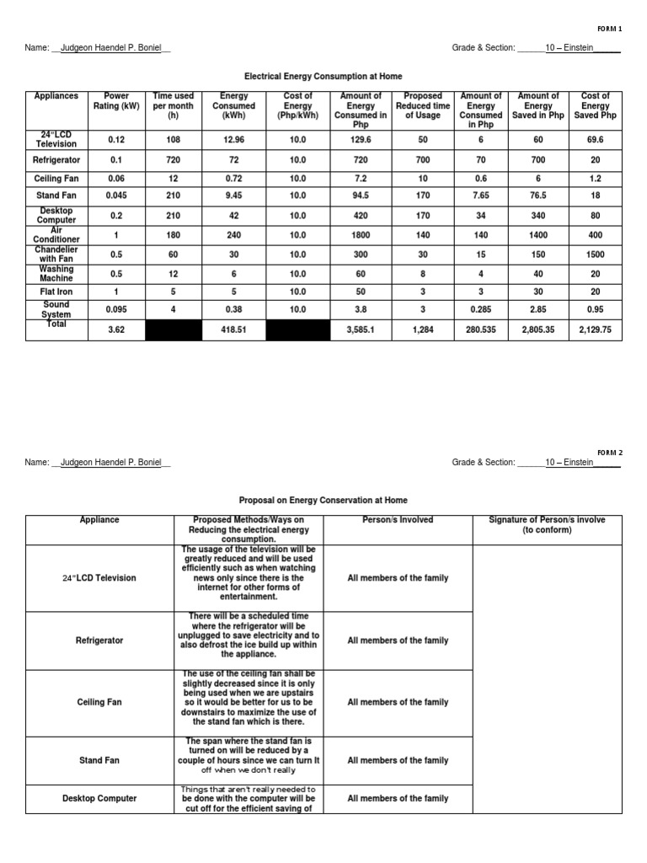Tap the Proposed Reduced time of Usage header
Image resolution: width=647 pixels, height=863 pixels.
(x=422, y=106)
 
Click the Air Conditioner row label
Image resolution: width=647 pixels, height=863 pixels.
(x=56, y=234)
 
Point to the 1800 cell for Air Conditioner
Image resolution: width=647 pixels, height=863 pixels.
(x=361, y=235)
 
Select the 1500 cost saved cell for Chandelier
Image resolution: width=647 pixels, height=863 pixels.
(x=596, y=255)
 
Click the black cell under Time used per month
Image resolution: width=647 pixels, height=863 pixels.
(x=174, y=330)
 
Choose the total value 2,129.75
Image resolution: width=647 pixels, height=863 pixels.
(x=596, y=330)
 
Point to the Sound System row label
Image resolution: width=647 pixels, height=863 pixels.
(x=56, y=309)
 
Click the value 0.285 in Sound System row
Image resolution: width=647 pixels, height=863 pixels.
(x=481, y=310)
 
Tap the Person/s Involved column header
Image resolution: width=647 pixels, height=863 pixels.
(x=398, y=520)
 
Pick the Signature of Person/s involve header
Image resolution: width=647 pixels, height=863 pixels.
(x=547, y=525)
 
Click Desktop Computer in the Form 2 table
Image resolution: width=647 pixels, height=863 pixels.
(x=99, y=798)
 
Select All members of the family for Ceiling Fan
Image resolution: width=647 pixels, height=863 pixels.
(x=398, y=702)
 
